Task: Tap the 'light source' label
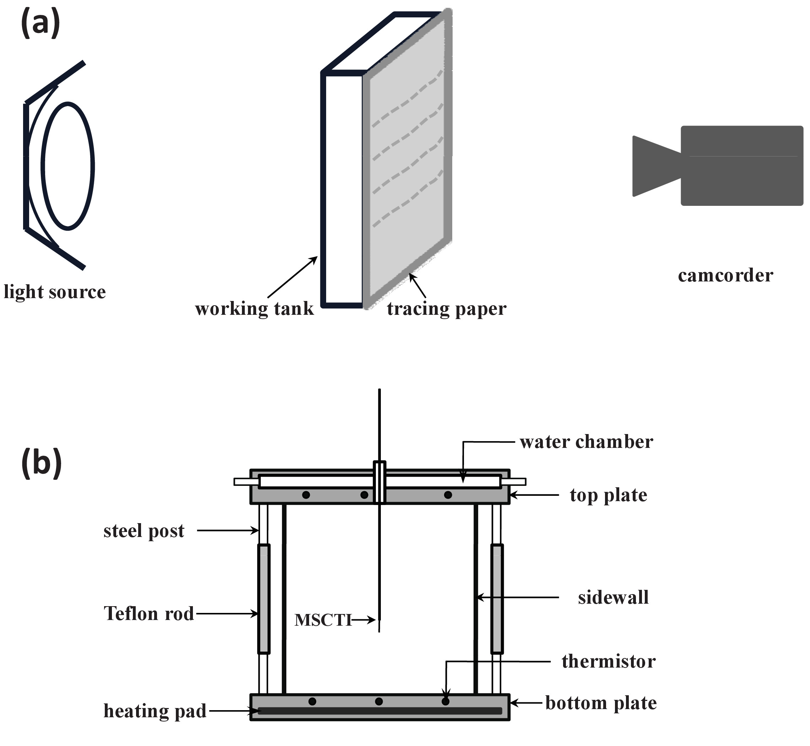coord(55,291)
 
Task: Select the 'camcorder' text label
coord(725,275)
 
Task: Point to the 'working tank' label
coord(254,309)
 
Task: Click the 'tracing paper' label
coord(447,309)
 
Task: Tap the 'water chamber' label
coord(586,441)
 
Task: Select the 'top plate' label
coord(609,495)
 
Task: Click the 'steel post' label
coord(144,531)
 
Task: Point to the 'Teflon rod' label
coord(149,613)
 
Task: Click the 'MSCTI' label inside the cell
coord(323,620)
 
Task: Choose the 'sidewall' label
coord(613,597)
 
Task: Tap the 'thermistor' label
coord(609,661)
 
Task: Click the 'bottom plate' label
coord(601,703)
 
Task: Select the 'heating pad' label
coord(155,711)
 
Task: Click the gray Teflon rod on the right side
coord(497,599)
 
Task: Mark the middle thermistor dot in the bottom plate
coord(379,702)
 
